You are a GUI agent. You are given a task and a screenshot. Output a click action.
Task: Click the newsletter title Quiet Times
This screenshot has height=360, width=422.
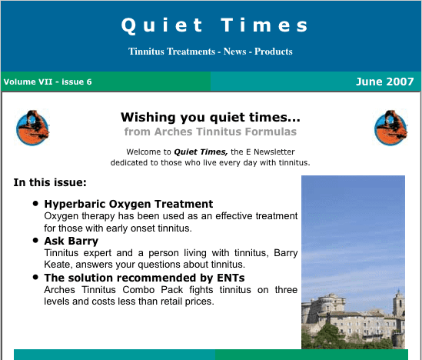tap(214, 25)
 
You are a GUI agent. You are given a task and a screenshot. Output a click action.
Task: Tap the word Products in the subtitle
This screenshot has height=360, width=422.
tap(274, 52)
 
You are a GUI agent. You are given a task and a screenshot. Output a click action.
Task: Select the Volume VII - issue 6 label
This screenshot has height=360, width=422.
tap(48, 82)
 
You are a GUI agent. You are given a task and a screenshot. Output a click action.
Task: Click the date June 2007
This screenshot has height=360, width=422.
tap(384, 82)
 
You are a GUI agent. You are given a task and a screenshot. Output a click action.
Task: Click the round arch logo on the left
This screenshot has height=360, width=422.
tap(32, 128)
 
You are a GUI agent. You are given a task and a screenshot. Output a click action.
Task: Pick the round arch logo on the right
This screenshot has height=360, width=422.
tap(390, 128)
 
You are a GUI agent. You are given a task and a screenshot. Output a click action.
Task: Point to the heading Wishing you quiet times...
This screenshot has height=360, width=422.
tap(211, 118)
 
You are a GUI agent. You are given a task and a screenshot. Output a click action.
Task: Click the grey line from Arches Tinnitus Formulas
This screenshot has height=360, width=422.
tap(211, 132)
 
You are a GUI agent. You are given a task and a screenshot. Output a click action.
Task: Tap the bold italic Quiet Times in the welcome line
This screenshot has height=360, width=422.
tap(201, 152)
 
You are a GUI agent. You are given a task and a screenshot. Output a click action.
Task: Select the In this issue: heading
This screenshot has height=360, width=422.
tap(50, 182)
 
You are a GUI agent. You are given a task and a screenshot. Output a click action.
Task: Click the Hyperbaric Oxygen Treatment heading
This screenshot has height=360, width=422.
tap(128, 204)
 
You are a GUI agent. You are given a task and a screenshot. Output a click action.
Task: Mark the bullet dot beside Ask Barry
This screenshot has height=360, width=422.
tap(35, 240)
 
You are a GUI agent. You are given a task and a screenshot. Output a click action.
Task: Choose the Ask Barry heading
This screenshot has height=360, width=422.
tap(71, 241)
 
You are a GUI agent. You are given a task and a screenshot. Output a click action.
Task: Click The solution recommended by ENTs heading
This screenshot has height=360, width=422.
tap(145, 278)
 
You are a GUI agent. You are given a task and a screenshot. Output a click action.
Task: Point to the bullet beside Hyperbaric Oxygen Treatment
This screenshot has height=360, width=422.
tap(35, 203)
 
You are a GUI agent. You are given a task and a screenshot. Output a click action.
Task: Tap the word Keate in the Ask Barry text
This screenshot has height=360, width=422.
tap(58, 265)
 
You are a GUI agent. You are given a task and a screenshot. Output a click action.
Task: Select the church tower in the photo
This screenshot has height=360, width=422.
tap(399, 303)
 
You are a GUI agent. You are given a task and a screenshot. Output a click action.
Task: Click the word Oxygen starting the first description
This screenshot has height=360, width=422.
tap(61, 216)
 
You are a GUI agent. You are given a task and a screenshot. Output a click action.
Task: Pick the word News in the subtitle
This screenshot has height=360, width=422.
tap(235, 52)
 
